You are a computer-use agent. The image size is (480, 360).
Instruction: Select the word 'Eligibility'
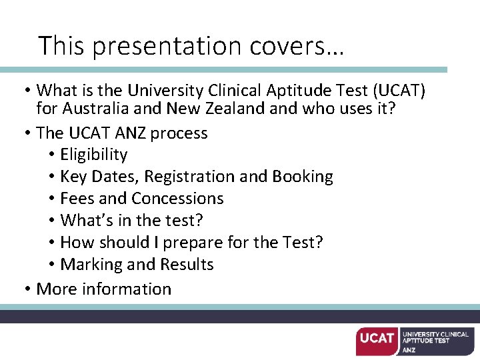93,155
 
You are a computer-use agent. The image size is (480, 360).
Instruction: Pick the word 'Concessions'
177,199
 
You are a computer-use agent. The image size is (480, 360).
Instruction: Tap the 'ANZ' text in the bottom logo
409,349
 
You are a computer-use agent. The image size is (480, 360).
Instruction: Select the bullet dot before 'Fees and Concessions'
51,199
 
